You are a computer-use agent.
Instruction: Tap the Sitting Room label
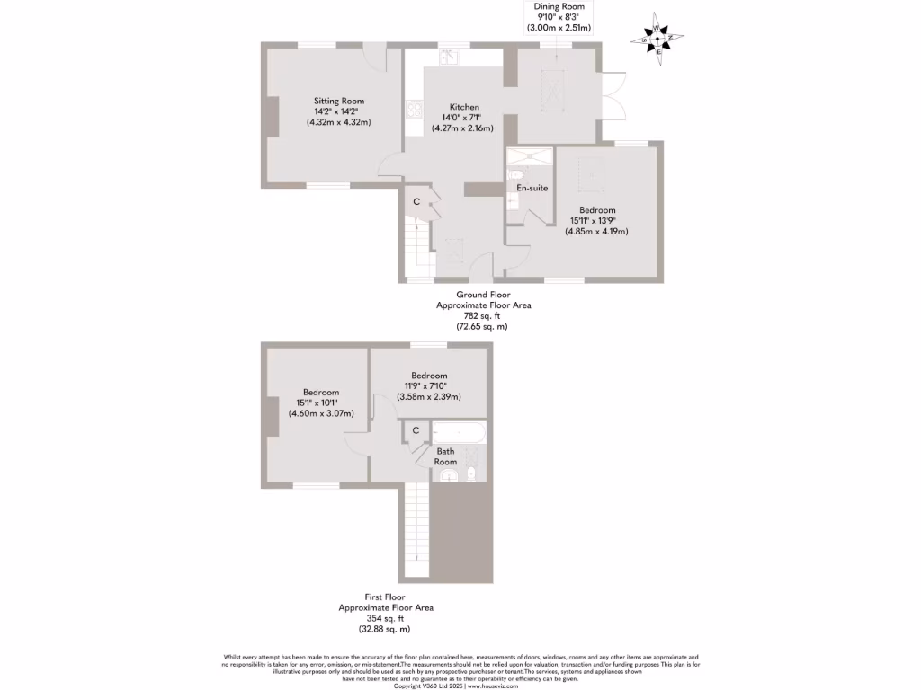[339, 101]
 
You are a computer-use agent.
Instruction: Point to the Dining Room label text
[559, 6]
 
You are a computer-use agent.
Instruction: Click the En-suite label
[532, 188]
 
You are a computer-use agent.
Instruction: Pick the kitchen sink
[449, 57]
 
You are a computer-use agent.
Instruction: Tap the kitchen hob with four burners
[415, 110]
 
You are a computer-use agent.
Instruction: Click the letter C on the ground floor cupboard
[416, 201]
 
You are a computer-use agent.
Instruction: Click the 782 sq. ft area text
[483, 316]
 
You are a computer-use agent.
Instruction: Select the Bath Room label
[446, 456]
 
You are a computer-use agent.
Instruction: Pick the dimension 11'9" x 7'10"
[429, 386]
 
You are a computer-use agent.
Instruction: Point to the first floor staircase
[416, 530]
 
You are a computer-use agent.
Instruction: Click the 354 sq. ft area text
[385, 618]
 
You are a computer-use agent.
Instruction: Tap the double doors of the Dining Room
[613, 94]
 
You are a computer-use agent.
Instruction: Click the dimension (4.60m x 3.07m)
[321, 413]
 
